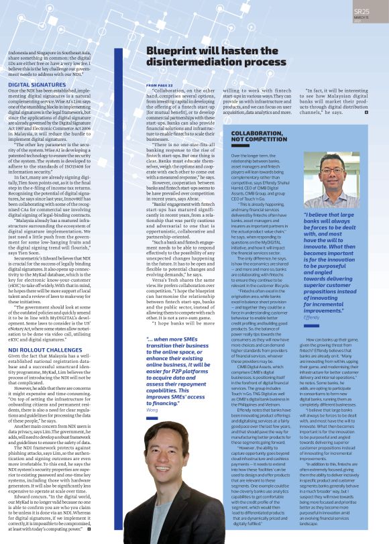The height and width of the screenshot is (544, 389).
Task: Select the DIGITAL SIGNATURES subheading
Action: [x=36, y=85]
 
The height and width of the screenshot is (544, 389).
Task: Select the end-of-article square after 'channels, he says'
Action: [x=367, y=111]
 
